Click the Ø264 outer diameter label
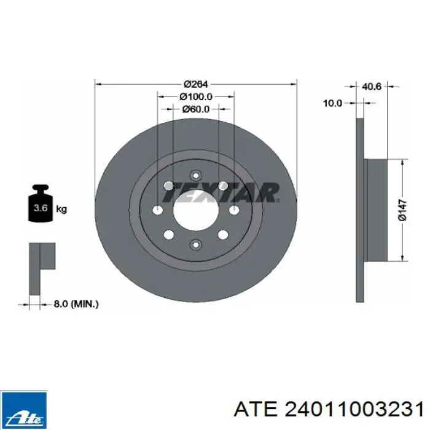click(x=196, y=84)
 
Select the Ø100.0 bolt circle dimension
click(x=196, y=96)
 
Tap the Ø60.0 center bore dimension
click(x=196, y=109)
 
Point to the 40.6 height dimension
click(x=372, y=87)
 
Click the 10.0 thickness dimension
click(x=333, y=103)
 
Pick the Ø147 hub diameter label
click(x=402, y=210)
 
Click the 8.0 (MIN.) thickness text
click(x=76, y=304)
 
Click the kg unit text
click(x=61, y=209)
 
